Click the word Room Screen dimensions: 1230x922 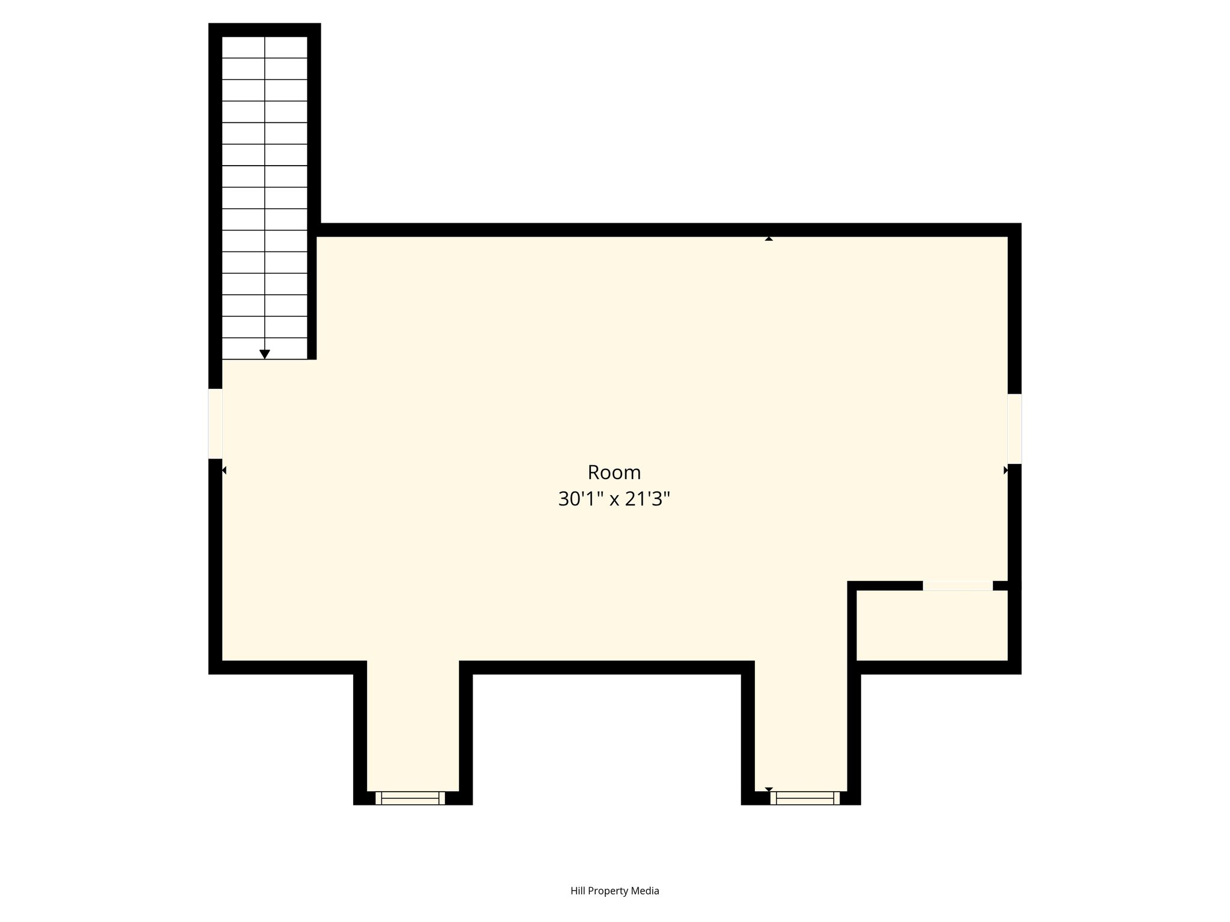coord(614,473)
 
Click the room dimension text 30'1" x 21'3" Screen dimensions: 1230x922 coord(614,499)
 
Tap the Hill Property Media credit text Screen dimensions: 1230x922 coord(614,891)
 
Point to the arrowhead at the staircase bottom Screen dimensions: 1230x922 coord(265,354)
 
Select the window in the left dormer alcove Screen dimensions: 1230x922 coord(410,798)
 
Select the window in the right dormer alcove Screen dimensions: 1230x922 coord(805,798)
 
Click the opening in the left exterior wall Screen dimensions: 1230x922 coord(216,424)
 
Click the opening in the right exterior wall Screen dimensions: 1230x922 coord(1014,429)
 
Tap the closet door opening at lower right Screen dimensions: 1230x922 coord(958,586)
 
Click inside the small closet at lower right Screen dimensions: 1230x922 coord(932,625)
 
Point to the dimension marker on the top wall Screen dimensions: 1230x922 coord(769,238)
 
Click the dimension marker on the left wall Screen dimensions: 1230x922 coord(224,470)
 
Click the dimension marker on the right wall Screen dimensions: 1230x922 coord(1006,470)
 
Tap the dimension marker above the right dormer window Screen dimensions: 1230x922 coord(769,789)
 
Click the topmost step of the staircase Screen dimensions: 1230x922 coord(265,47)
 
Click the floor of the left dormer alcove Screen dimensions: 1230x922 coord(413,726)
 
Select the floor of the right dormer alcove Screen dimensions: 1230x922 coord(801,726)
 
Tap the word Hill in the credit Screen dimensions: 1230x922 coord(578,891)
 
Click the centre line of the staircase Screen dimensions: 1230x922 coord(265,197)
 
